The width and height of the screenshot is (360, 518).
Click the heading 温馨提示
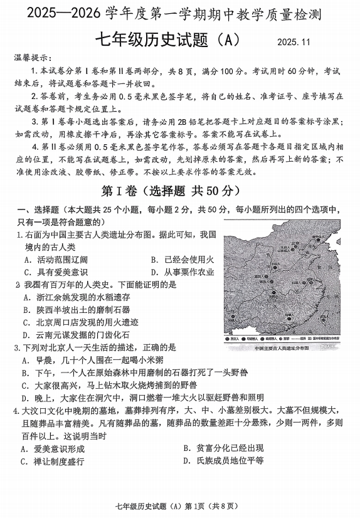[x=30, y=58]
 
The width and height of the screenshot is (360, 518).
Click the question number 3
[x=18, y=347]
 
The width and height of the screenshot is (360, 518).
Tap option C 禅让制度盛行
[x=53, y=461]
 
